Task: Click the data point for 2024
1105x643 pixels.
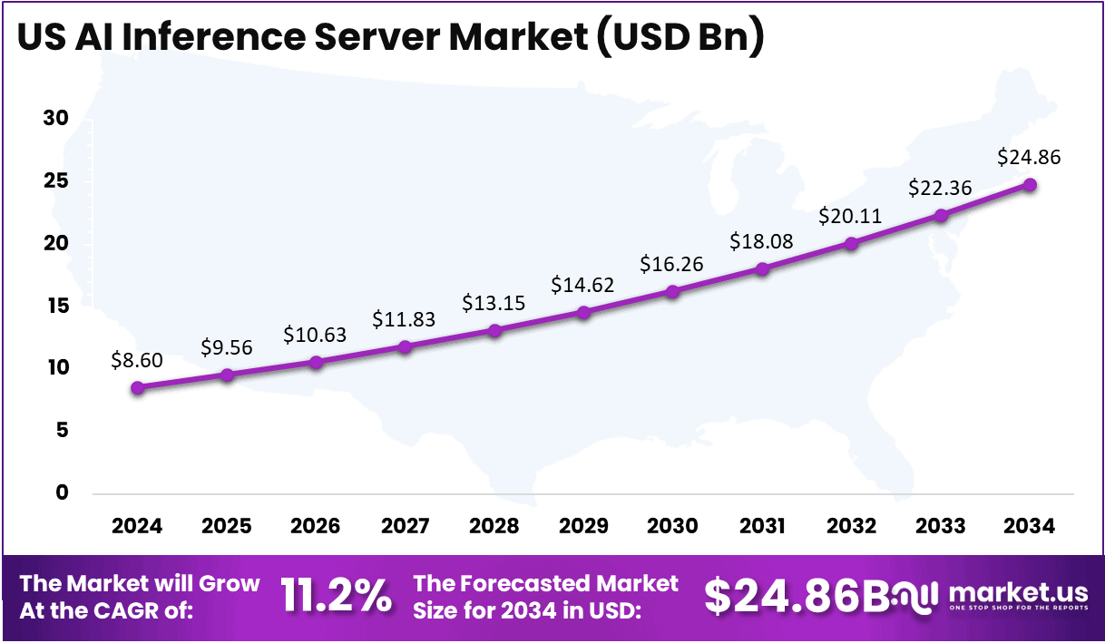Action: [x=137, y=388]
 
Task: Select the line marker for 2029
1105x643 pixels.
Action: [x=583, y=313]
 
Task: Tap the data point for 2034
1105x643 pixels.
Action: [x=1030, y=185]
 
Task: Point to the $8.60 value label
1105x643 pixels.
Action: [x=137, y=360]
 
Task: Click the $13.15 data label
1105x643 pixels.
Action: [x=494, y=302]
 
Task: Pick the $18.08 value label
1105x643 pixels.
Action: [x=761, y=241]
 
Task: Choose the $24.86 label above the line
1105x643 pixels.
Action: [x=1029, y=157]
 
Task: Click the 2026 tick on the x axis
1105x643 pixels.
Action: [x=315, y=527]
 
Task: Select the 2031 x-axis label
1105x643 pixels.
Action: [x=761, y=527]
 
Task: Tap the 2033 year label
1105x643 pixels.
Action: [x=940, y=527]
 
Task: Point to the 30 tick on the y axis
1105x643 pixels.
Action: [x=56, y=120]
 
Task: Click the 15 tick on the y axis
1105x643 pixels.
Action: [x=56, y=307]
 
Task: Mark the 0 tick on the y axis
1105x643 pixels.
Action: [x=62, y=493]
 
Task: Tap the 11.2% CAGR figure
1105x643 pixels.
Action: [x=337, y=596]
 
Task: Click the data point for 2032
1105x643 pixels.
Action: [x=851, y=244]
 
